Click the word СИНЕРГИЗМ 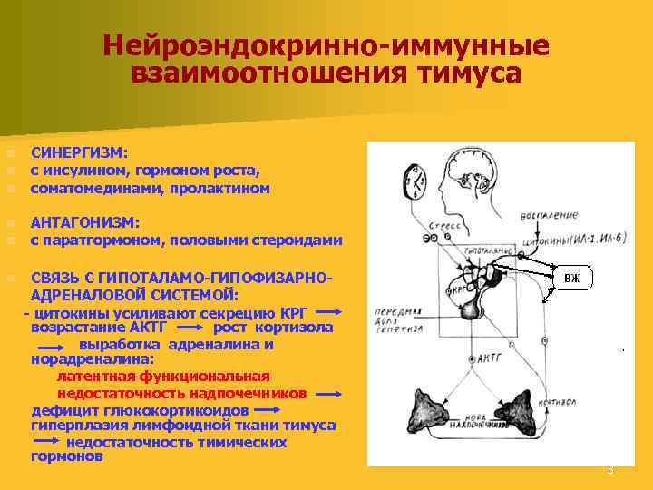click(x=79, y=153)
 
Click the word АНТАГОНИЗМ click(x=85, y=222)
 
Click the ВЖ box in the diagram click(x=572, y=278)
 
